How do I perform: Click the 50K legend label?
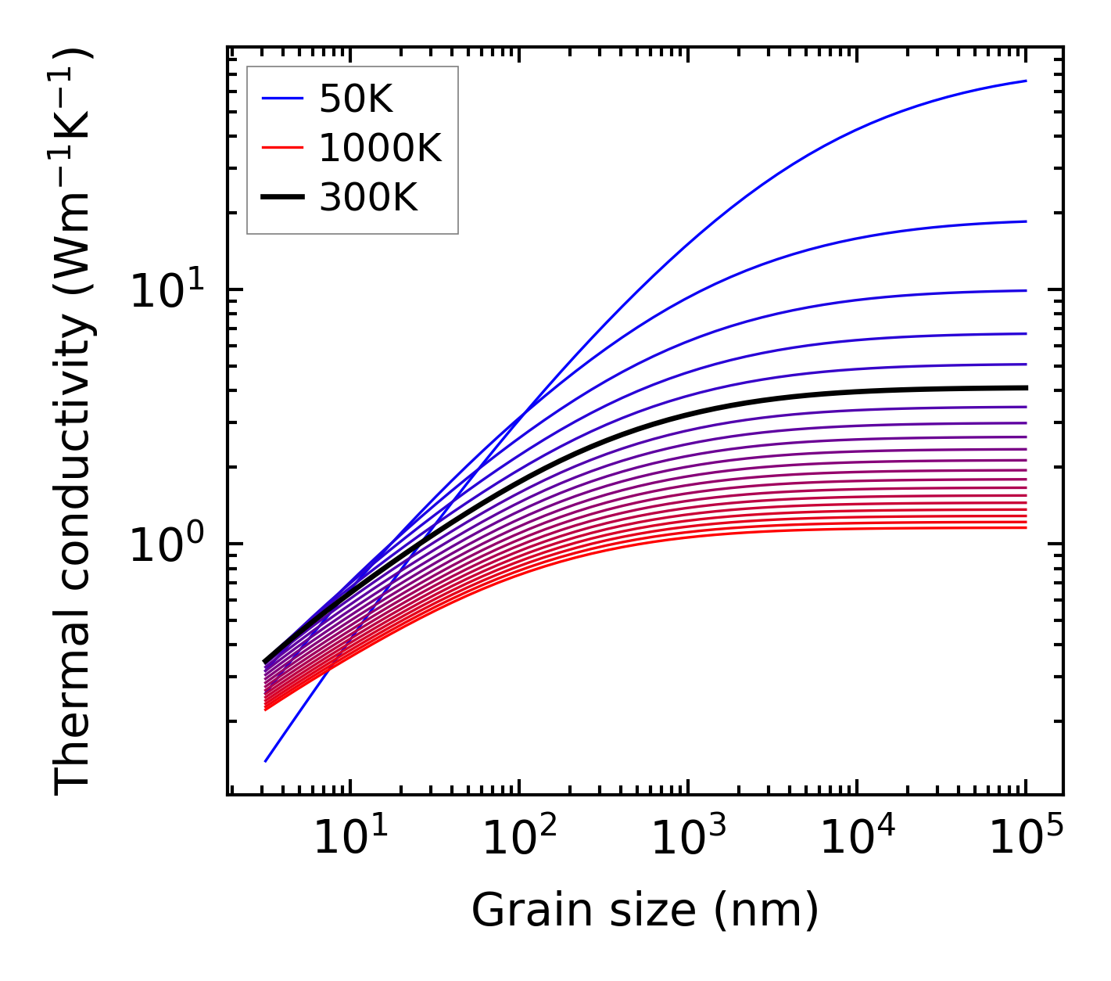pos(355,99)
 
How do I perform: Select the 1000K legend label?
pos(380,148)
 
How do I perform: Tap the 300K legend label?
pos(368,198)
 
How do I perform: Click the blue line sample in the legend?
pos(281,99)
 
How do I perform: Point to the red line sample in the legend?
pos(281,148)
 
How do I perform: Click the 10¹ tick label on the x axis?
pos(349,838)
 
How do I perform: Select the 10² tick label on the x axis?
pos(518,838)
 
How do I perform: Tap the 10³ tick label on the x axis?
pos(687,838)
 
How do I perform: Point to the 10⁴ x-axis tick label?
pos(856,838)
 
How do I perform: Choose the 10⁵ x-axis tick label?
pos(1025,838)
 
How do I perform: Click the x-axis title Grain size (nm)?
pos(645,911)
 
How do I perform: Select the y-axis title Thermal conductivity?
pos(73,422)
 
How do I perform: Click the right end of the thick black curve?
pos(1025,387)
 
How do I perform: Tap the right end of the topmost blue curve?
pos(1025,81)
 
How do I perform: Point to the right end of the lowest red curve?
pos(1025,527)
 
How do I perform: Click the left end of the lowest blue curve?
pos(266,760)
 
